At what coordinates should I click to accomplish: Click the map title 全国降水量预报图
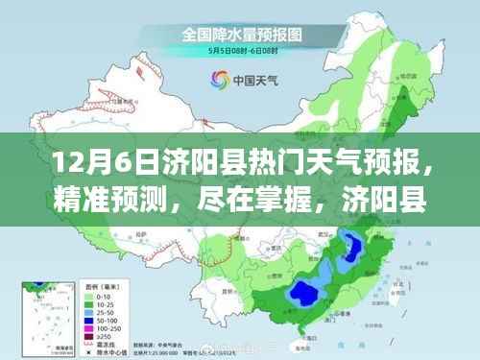pyautogui.click(x=239, y=34)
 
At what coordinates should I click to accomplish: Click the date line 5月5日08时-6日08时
pyautogui.click(x=239, y=53)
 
